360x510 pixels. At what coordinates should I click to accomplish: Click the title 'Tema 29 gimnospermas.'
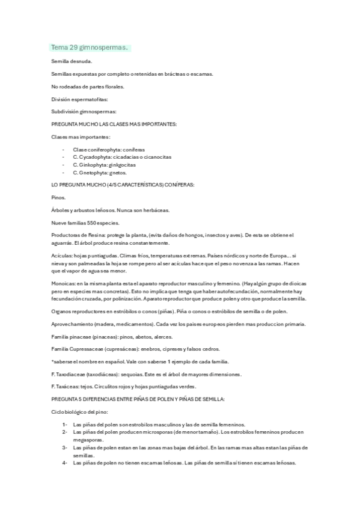[90, 48]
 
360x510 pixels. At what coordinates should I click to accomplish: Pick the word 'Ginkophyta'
[90, 164]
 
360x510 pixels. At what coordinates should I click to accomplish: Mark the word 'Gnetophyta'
[91, 172]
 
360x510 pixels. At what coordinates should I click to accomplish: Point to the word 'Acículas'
[62, 255]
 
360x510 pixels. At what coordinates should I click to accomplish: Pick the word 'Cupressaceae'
[84, 349]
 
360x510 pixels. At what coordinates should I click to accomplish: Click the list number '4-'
[64, 462]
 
